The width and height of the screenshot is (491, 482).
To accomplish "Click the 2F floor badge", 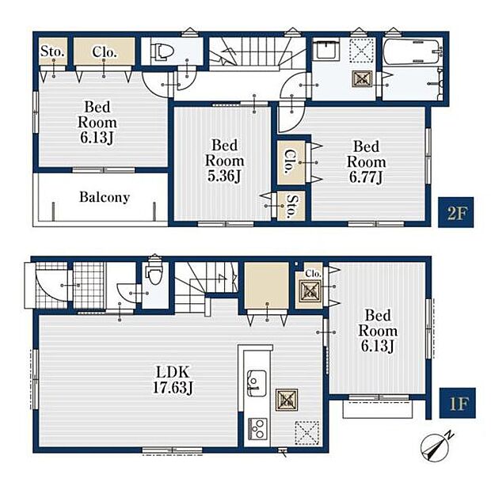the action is coord(455,212).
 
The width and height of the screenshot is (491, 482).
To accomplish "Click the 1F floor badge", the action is coord(457,403).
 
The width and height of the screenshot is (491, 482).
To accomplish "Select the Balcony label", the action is coord(105,197).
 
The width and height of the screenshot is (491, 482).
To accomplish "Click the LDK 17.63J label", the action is coord(173,380).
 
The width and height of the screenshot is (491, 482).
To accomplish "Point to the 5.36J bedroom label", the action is coord(224,161).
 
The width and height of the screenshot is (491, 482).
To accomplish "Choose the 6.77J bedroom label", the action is coord(366,161).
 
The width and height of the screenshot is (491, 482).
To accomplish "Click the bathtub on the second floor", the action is coord(412,51).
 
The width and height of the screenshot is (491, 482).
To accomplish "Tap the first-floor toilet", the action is coord(154,271).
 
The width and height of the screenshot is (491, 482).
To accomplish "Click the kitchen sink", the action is coord(257,383).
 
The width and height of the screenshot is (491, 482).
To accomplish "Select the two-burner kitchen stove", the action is coord(257,429).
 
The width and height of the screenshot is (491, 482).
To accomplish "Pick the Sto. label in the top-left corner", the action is coord(52,51).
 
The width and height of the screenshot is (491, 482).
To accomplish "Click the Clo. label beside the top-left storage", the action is coord(105,52).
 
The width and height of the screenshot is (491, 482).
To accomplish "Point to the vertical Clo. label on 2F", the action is coord(291,161).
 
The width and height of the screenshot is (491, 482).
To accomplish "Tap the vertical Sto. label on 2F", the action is coord(291,206).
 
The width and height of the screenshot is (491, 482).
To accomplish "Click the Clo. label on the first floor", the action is coord(313,274).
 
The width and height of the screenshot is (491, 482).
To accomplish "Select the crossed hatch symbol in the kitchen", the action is coord(287,400).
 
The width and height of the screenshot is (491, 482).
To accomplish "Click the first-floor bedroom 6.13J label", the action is coord(377,331).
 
